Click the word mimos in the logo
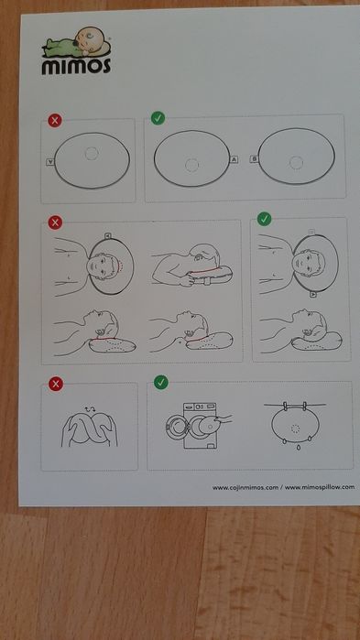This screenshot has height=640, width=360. pyautogui.click(x=76, y=66)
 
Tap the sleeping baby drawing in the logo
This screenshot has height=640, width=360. pyautogui.click(x=77, y=42)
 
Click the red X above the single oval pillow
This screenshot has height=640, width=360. pyautogui.click(x=55, y=121)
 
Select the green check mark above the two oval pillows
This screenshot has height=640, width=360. pyautogui.click(x=158, y=118)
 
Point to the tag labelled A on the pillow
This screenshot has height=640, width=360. pyautogui.click(x=235, y=159)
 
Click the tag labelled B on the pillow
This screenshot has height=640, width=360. pyautogui.click(x=254, y=159)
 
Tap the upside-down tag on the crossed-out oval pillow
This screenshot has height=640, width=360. pyautogui.click(x=50, y=162)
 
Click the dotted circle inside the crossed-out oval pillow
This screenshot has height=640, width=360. pyautogui.click(x=92, y=154)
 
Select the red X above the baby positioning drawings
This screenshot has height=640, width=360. pyautogui.click(x=55, y=222)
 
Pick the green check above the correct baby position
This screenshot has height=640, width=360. pyautogui.click(x=265, y=219)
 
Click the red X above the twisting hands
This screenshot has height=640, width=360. pyautogui.click(x=56, y=384)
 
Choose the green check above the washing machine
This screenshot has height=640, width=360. pyautogui.click(x=161, y=382)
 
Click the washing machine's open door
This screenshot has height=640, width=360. pyautogui.click(x=177, y=428)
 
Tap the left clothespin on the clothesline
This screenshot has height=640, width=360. pyautogui.click(x=286, y=406)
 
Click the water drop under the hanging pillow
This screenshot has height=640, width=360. pyautogui.click(x=299, y=448)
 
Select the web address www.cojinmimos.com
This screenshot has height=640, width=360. pyautogui.click(x=245, y=487)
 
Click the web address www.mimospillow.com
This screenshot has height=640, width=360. pyautogui.click(x=320, y=487)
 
